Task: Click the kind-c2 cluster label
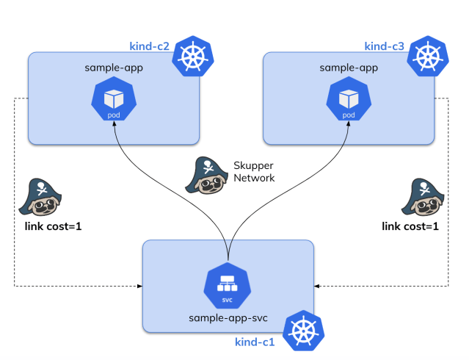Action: point(149,46)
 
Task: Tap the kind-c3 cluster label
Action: point(384,46)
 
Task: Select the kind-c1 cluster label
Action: point(254,342)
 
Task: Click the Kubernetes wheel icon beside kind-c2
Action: point(192,57)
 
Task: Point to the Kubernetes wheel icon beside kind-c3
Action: point(427,57)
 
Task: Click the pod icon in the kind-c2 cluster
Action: point(113,101)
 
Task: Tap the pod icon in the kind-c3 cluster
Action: point(349,101)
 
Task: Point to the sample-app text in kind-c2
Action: point(114,68)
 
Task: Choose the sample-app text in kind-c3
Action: point(349,68)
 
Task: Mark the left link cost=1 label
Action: point(53,226)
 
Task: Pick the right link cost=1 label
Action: point(410,226)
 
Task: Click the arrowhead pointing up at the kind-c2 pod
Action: point(114,127)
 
